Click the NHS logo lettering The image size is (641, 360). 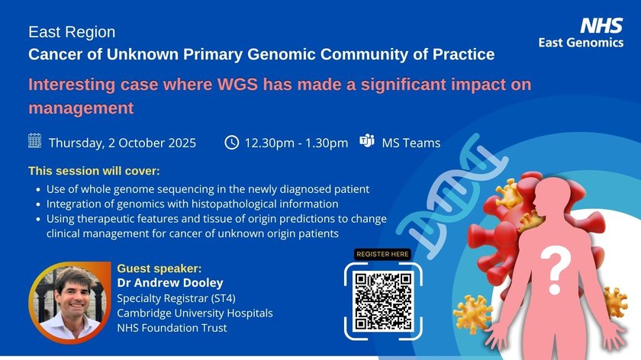coord(601,26)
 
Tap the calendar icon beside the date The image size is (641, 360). coord(35,140)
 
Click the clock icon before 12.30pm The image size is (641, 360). coord(232,142)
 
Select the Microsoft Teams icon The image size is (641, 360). coord(367,140)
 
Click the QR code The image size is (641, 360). coord(383,301)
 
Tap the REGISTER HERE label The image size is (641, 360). coord(382,254)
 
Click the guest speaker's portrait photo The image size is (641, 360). coord(69,302)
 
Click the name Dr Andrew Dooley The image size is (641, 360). coord(170,283)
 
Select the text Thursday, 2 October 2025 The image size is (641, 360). coord(122,143)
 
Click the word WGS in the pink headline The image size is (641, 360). coord(237,85)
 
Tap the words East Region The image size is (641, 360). coord(72,32)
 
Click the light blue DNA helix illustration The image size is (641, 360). coord(452,196)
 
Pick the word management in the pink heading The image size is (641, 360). coord(81,108)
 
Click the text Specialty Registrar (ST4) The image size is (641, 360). coord(176,298)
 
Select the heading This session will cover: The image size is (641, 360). coord(94,171)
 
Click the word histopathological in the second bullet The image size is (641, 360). coord(233,204)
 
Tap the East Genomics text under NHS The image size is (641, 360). coord(581,43)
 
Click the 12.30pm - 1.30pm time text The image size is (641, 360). coord(296,143)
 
